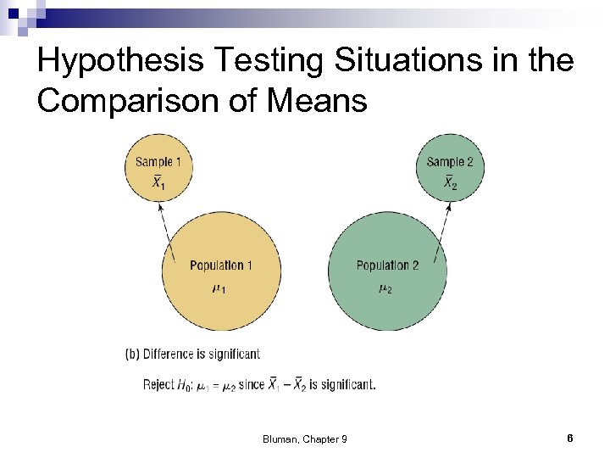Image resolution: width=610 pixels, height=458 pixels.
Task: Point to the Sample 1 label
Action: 158,162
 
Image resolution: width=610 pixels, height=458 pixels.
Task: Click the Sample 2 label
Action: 450,162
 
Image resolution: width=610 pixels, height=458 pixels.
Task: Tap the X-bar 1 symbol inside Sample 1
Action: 158,182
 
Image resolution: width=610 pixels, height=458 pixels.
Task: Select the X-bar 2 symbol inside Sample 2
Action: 450,182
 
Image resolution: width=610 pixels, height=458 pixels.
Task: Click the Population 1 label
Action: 221,265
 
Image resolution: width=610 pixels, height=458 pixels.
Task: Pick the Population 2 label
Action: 387,265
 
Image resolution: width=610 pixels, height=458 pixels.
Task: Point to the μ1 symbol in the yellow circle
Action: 219,289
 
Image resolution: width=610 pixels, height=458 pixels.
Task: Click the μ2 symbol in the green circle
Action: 385,289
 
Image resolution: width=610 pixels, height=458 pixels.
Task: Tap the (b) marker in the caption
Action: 133,355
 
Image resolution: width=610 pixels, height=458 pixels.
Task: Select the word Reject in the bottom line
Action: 158,384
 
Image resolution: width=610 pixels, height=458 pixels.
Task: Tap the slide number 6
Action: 570,438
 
